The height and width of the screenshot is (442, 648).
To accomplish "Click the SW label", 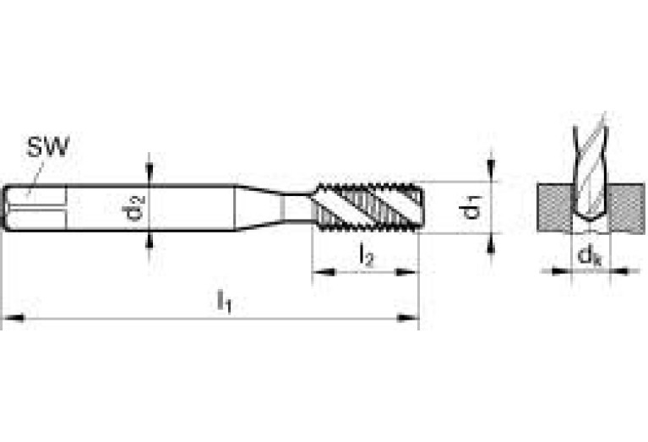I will [x=47, y=149].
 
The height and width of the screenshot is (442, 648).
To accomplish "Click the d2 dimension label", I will [x=136, y=207].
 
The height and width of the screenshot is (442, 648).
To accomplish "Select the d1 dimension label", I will [x=474, y=207].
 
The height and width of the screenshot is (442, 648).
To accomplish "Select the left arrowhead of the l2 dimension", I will [x=320, y=272].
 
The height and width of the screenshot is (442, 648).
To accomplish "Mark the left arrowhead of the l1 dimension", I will [x=9, y=318].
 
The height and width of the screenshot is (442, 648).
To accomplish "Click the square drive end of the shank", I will [x=34, y=207].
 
